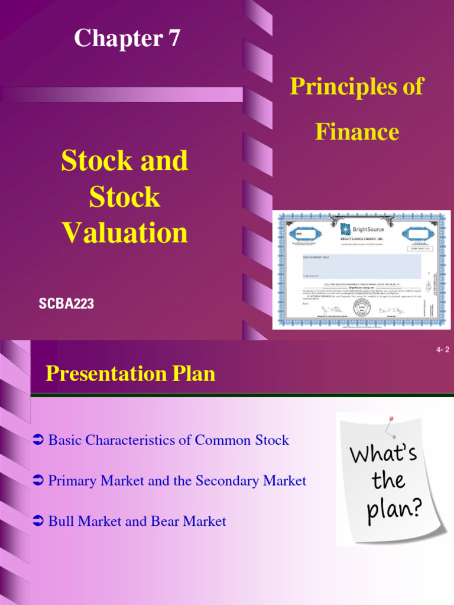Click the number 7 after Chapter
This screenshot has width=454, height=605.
coord(171,39)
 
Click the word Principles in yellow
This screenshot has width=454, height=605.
coord(341,87)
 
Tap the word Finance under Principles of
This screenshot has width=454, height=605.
coord(357,131)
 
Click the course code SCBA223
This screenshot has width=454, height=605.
coord(66,304)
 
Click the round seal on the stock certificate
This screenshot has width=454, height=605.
coord(362,308)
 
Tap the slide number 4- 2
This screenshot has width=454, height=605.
coord(443,350)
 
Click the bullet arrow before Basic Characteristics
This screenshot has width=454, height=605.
coord(38,440)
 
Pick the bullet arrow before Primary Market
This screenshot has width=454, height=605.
coord(38,481)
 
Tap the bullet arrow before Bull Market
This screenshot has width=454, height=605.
coord(38,521)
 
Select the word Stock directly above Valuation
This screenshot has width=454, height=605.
coord(125,197)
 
